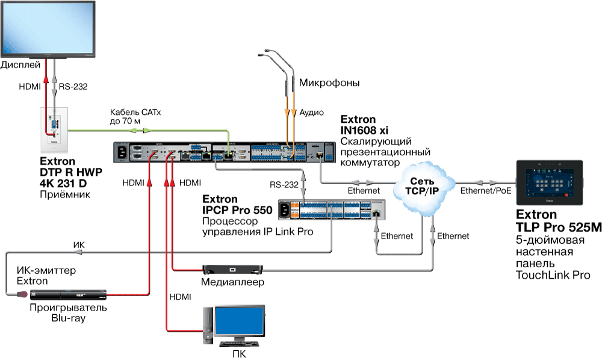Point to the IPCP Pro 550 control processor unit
pos(332,209)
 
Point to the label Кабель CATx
pos(135,113)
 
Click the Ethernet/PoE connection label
pos(485,191)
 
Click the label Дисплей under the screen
pos(21,64)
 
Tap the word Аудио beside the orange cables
pos(312,113)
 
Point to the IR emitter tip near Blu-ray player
pos(22,294)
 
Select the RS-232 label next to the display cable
pos(73,87)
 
